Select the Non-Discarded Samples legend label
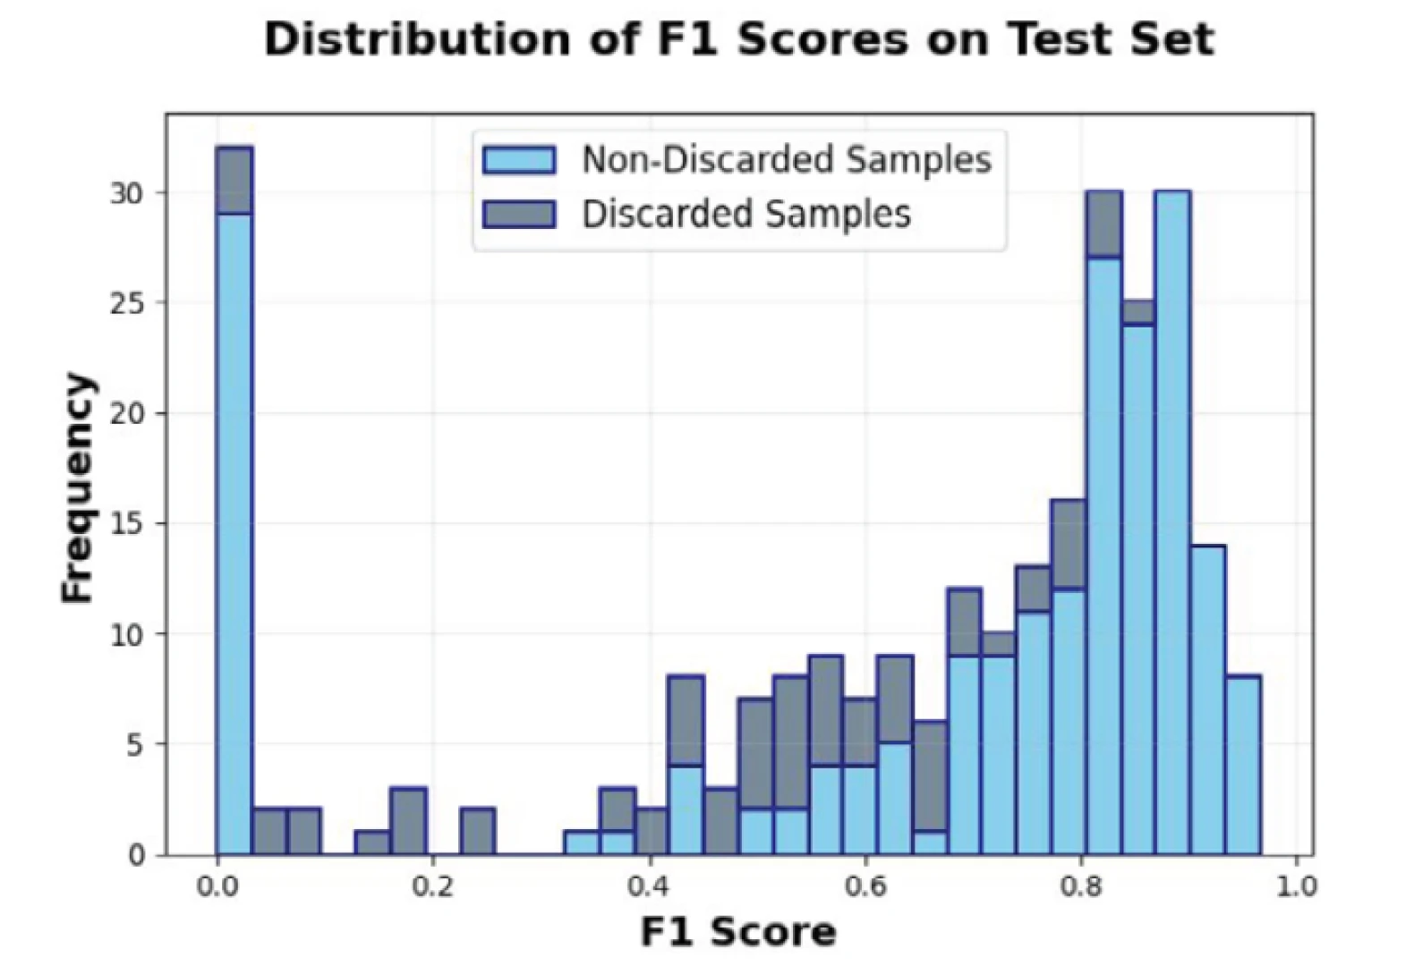(x=786, y=160)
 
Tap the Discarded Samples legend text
(x=746, y=215)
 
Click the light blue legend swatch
(x=519, y=160)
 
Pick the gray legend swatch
(x=519, y=215)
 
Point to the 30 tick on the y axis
(x=126, y=193)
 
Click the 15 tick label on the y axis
(x=126, y=524)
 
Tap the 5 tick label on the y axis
(x=134, y=745)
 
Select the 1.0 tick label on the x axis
(x=1297, y=886)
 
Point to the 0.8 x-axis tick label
(x=1081, y=886)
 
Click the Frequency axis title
(x=78, y=487)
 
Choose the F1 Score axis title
(x=738, y=932)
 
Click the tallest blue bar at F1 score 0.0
(x=234, y=537)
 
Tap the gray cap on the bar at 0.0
(x=234, y=181)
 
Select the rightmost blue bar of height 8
(x=1243, y=766)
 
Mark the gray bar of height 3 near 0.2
(x=408, y=821)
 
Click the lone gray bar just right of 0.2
(x=477, y=832)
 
